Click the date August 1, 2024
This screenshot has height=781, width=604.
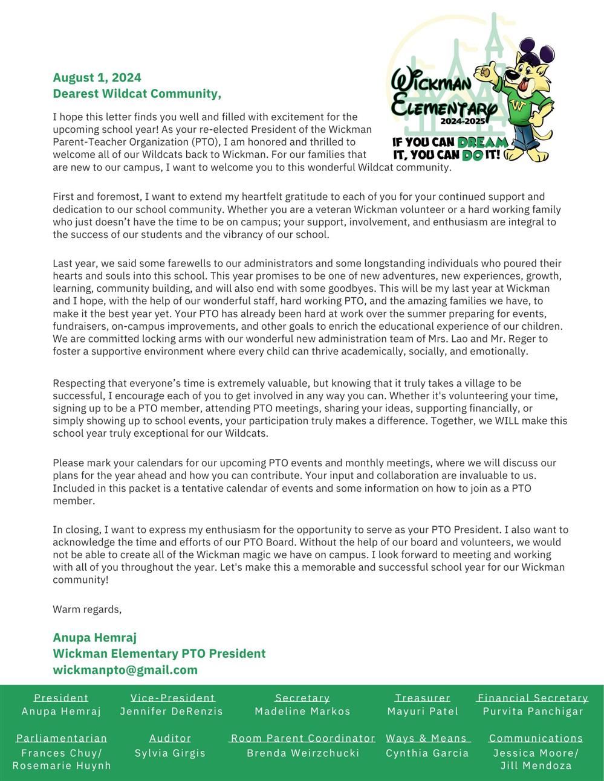pos(97,77)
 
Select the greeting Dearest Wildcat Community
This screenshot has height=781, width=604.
pos(137,94)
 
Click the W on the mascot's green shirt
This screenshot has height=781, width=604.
pos(517,106)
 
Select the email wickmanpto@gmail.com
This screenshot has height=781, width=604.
pos(125,670)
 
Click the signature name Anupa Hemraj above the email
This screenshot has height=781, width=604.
pos(95,637)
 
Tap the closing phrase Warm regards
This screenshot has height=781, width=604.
pos(87,609)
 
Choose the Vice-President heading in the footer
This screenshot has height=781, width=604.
pos(172,698)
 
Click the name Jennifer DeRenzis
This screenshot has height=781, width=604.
pos(172,712)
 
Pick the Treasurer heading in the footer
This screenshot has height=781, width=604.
pos(423,698)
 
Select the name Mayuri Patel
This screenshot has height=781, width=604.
pos(423,712)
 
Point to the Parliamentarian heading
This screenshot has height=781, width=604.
pos(62,738)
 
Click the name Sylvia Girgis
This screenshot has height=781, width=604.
pos(170,753)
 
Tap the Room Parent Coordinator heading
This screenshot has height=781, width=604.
pos(303,738)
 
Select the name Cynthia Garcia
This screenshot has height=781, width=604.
pos(427,753)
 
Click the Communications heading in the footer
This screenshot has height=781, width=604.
pos(536,738)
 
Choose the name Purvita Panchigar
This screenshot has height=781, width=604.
pos(533,712)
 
